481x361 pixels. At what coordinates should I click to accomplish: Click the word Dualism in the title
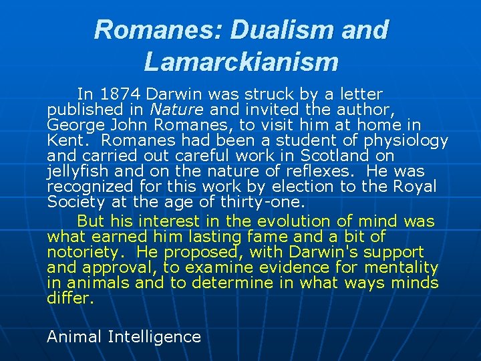[x=275, y=30]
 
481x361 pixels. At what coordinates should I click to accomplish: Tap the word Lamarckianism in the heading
[x=240, y=62]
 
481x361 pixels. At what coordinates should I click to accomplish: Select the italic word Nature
[x=169, y=110]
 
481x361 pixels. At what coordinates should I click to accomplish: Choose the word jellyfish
[x=72, y=171]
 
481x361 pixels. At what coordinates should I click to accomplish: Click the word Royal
[x=415, y=187]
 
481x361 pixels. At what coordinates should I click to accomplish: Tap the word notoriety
[x=82, y=252]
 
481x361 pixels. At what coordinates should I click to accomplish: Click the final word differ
[x=69, y=298]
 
